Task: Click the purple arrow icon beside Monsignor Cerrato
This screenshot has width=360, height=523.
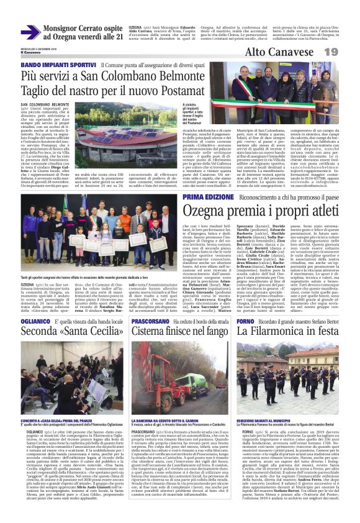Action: pos(30,32)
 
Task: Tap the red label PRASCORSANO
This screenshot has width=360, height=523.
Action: pos(151,321)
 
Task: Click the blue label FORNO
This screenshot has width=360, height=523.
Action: pos(246,321)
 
